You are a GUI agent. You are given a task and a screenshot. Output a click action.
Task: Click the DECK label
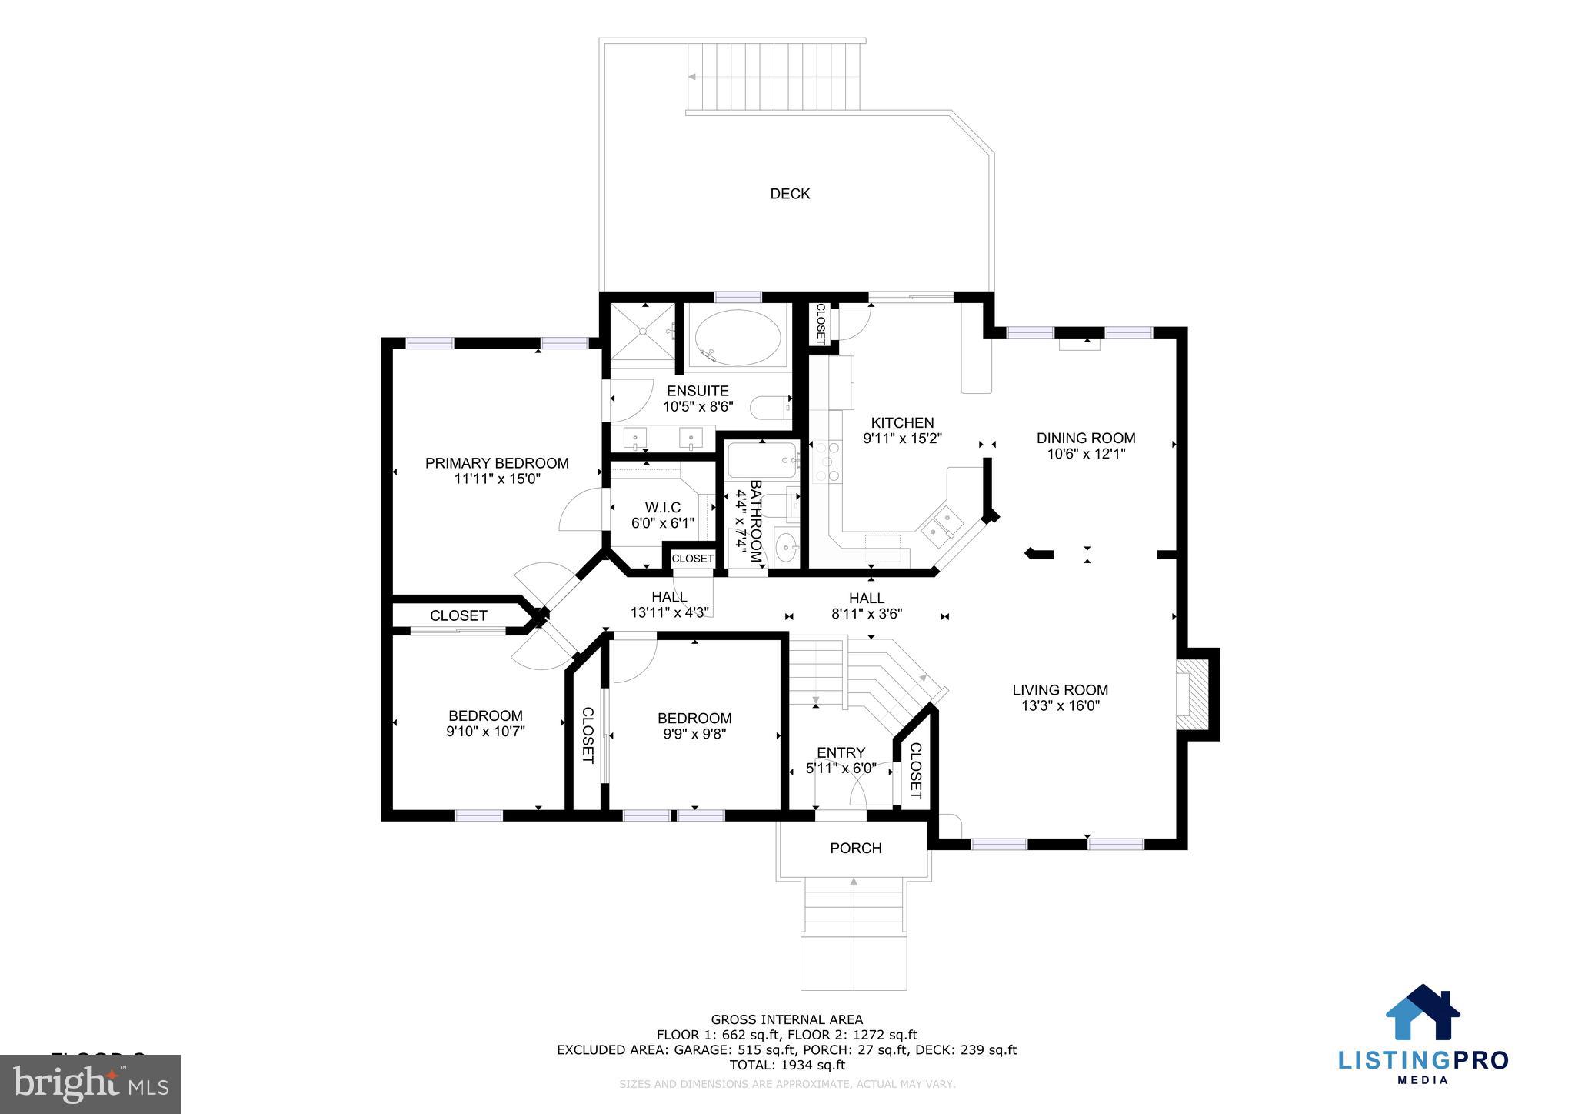click(790, 194)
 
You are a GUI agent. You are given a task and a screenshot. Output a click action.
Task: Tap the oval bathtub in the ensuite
click(738, 338)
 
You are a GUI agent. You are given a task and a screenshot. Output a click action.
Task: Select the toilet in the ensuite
click(769, 407)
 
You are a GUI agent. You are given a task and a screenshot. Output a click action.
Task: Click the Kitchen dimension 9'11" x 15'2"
click(902, 439)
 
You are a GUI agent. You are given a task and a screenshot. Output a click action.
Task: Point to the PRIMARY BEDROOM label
click(497, 463)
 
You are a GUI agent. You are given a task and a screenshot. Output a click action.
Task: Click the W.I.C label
click(662, 508)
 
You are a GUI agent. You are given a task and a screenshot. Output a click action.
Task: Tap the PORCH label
click(855, 849)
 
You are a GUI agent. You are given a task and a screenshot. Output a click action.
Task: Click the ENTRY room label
click(841, 752)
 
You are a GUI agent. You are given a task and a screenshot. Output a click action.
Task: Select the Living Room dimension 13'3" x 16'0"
click(1060, 706)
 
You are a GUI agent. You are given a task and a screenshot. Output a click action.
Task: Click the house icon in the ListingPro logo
click(1422, 1013)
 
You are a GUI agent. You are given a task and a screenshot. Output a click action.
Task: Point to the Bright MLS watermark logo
click(90, 1084)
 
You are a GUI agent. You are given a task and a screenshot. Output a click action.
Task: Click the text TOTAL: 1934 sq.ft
click(787, 1066)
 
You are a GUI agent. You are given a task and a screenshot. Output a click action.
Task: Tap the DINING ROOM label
click(1085, 439)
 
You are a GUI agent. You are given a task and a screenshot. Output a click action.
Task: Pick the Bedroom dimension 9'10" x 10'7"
click(485, 732)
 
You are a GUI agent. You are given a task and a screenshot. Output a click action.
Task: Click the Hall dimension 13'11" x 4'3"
click(669, 613)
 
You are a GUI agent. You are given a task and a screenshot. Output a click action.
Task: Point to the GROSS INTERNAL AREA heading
click(787, 1020)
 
